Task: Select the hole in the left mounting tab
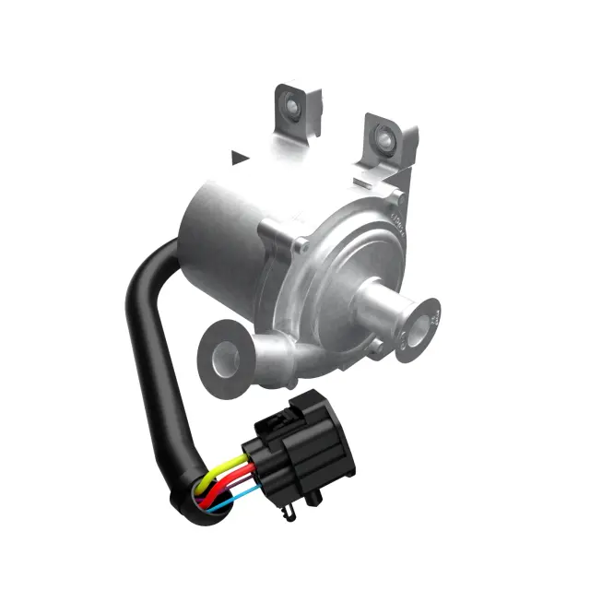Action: (x=291, y=110)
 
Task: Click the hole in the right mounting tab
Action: (x=382, y=138)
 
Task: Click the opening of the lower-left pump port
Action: (x=222, y=352)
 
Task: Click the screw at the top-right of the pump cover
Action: (x=396, y=195)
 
